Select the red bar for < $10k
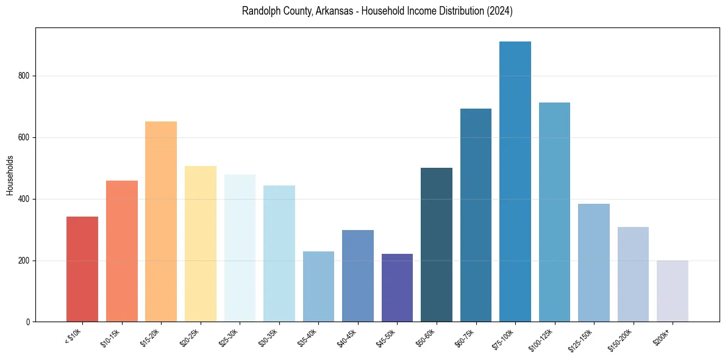point(82,269)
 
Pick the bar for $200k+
point(673,291)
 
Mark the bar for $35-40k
point(318,287)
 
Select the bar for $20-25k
point(201,244)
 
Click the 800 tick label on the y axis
point(24,76)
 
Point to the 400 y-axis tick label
point(24,200)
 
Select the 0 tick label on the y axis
point(28,322)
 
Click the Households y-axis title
point(10,175)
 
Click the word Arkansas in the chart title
point(329,12)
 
